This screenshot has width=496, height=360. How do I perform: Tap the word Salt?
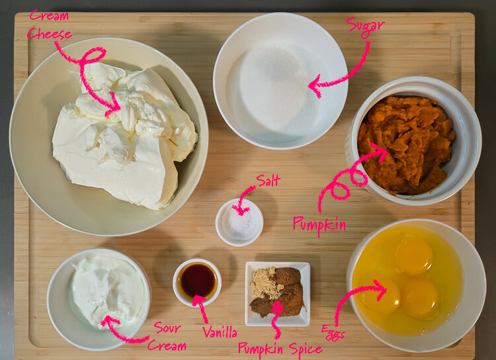(x=269, y=181)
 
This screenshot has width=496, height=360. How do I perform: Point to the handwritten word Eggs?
(x=333, y=333)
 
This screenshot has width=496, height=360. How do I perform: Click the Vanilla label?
(x=220, y=332)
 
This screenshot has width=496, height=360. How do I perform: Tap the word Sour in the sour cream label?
(x=167, y=328)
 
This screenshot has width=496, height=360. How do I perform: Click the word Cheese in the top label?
(x=50, y=34)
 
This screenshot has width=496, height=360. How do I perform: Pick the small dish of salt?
(x=239, y=222)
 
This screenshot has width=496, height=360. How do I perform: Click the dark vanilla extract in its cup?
(x=197, y=281)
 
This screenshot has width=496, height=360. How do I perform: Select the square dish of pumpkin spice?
(x=277, y=294)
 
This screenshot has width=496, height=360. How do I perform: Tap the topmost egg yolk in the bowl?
(x=414, y=255)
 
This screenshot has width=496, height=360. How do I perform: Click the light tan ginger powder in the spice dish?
(x=265, y=283)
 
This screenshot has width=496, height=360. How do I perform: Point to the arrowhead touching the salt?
(x=241, y=210)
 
